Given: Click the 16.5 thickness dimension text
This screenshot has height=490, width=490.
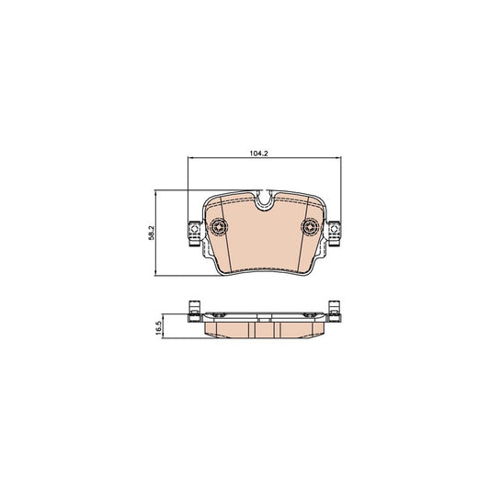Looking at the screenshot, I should click(x=159, y=327).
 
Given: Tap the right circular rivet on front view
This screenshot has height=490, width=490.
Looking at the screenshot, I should click(x=309, y=228).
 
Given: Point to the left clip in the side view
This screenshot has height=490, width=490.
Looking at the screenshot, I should click(x=193, y=311).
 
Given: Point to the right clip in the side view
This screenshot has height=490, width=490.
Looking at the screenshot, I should click(x=334, y=311).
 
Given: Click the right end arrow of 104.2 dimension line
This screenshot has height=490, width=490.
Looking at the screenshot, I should click(x=336, y=159).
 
